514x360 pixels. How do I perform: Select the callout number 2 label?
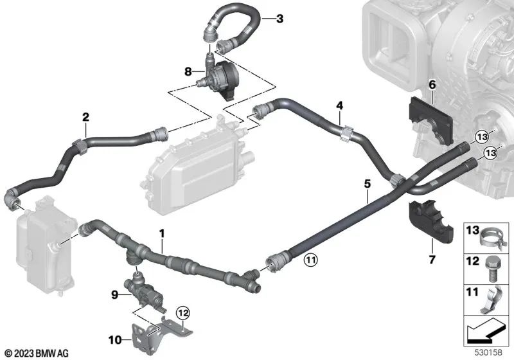(x=84, y=117)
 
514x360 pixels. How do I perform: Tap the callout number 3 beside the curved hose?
(x=279, y=19)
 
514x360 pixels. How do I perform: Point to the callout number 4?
(x=339, y=104)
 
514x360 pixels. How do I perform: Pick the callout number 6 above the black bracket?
(x=432, y=84)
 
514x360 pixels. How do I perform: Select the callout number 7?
(x=432, y=260)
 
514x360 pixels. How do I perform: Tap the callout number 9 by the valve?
(x=115, y=295)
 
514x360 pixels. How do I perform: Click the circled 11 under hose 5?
(x=310, y=260)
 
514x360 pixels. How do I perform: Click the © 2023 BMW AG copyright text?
(x=36, y=353)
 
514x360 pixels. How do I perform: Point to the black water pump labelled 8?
(x=221, y=74)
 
